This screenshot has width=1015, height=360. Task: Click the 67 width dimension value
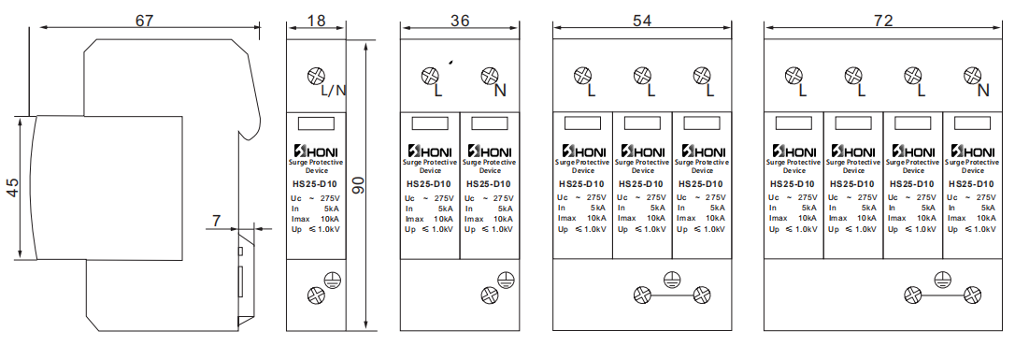coord(144,20)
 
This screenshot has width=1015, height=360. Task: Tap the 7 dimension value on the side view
coord(216,222)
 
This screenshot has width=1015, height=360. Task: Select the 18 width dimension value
coord(316,20)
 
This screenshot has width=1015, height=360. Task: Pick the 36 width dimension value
coord(460,20)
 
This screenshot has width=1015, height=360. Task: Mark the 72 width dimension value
coord(883,20)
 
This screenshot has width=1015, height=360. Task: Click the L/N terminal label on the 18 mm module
coord(334,91)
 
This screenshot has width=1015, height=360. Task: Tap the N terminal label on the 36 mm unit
coord(500,91)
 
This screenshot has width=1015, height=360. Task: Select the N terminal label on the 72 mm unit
coord(983,91)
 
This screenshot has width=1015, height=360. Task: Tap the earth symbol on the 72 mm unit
coord(942,281)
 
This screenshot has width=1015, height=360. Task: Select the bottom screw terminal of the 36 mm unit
coord(489,295)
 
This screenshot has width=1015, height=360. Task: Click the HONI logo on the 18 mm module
coord(316,151)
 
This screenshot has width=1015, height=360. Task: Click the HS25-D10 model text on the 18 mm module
coord(316,184)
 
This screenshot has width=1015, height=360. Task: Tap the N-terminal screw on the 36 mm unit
coord(489,77)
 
